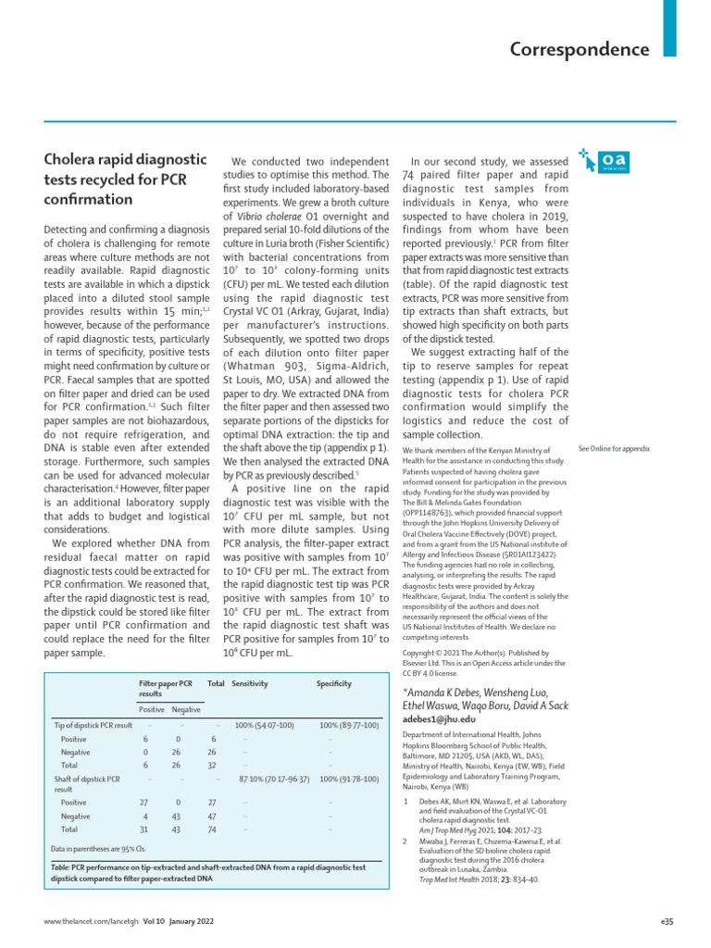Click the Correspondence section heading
[579, 49]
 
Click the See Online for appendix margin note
[614, 448]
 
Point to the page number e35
[667, 922]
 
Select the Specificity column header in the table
[333, 683]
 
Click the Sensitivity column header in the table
[251, 683]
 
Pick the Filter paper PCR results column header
[166, 688]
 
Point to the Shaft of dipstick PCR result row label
[88, 784]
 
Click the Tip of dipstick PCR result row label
[94, 725]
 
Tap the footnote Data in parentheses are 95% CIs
[98, 848]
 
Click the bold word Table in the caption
[61, 867]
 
